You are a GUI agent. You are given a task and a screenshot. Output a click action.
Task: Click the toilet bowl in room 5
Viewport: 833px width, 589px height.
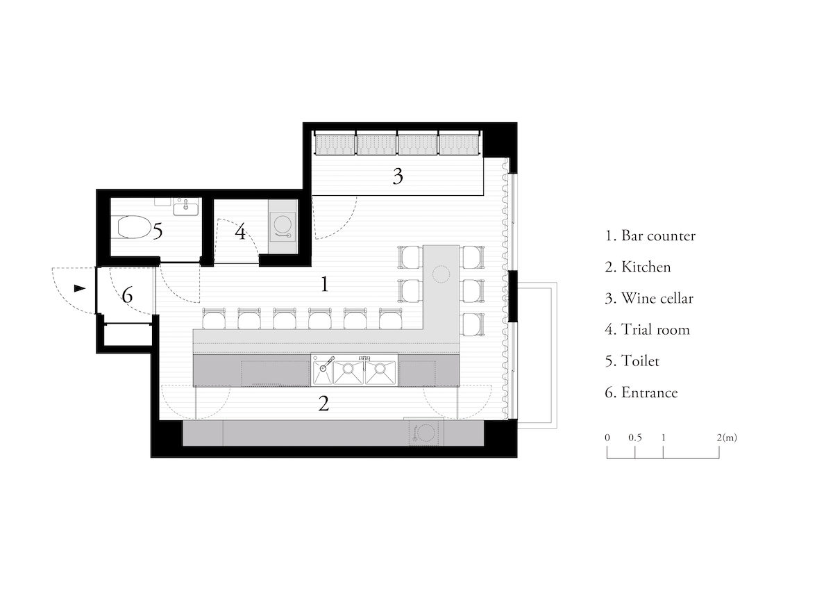coord(133,227)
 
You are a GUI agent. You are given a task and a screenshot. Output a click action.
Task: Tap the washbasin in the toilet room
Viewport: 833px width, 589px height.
coord(186,207)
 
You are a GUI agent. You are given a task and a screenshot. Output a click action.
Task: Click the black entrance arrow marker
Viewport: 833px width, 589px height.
coord(80,288)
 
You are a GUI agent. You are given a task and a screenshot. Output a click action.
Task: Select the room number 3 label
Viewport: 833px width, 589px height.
coord(398,176)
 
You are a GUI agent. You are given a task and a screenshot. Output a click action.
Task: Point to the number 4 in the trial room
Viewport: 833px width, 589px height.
coord(241,231)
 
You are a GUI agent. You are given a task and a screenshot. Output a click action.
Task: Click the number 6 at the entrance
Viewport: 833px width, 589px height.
coord(127,295)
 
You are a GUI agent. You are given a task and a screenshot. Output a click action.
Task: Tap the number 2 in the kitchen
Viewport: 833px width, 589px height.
coord(323,404)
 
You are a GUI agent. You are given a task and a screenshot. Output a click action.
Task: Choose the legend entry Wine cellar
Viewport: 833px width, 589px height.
coord(649,299)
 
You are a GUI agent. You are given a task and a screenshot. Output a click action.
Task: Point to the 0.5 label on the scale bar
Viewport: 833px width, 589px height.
coord(635,438)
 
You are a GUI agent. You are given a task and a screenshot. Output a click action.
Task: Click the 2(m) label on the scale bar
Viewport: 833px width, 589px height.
coord(727,438)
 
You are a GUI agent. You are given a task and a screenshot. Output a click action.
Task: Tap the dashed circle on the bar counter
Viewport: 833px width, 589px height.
coord(441,275)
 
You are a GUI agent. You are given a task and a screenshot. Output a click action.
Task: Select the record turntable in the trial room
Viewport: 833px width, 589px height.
coord(283,226)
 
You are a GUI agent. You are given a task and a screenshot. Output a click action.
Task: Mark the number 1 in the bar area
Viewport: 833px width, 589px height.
coord(325,284)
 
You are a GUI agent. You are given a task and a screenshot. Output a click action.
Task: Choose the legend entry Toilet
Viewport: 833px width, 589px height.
coord(632,361)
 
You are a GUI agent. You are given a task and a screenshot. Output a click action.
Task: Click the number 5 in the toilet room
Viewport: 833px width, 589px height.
coord(158,231)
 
